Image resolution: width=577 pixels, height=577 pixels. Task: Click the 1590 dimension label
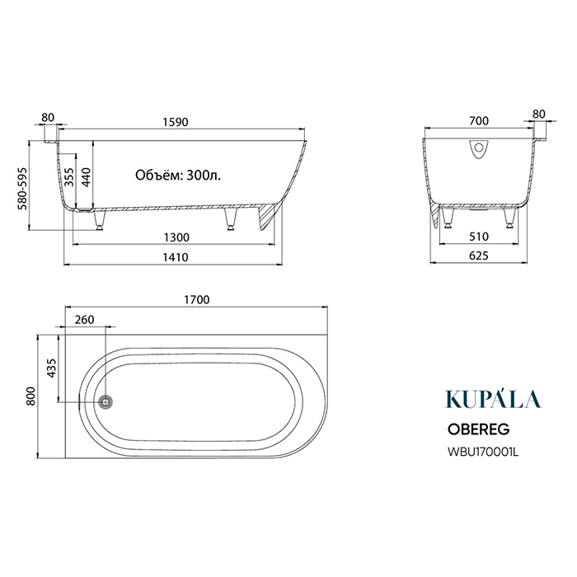click(x=176, y=122)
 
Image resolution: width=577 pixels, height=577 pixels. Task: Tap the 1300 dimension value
click(x=176, y=237)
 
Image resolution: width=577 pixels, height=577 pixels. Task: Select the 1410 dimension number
click(x=176, y=257)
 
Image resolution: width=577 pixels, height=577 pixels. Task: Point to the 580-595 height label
click(x=23, y=189)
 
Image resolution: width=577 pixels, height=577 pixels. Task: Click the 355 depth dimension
click(x=69, y=177)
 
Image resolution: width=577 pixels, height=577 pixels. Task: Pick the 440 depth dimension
click(x=86, y=177)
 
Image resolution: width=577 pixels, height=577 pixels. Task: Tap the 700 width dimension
click(x=479, y=120)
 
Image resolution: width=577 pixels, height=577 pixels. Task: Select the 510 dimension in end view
click(x=479, y=237)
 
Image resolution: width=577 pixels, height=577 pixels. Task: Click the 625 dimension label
click(x=479, y=256)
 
